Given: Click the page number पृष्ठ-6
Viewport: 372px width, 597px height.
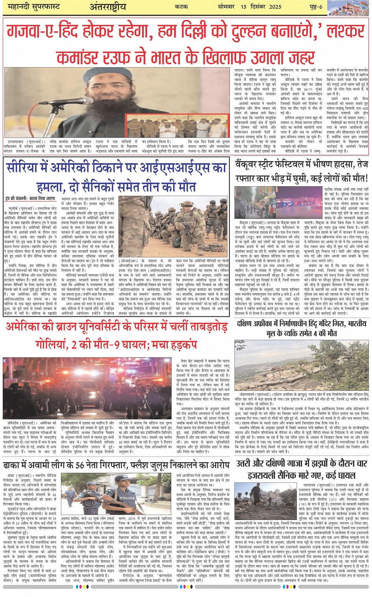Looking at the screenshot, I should [x=315, y=7].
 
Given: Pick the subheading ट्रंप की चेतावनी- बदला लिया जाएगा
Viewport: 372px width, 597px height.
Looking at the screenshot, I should [x=31, y=199].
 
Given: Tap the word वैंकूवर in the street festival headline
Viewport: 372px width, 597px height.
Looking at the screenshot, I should [x=250, y=164].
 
